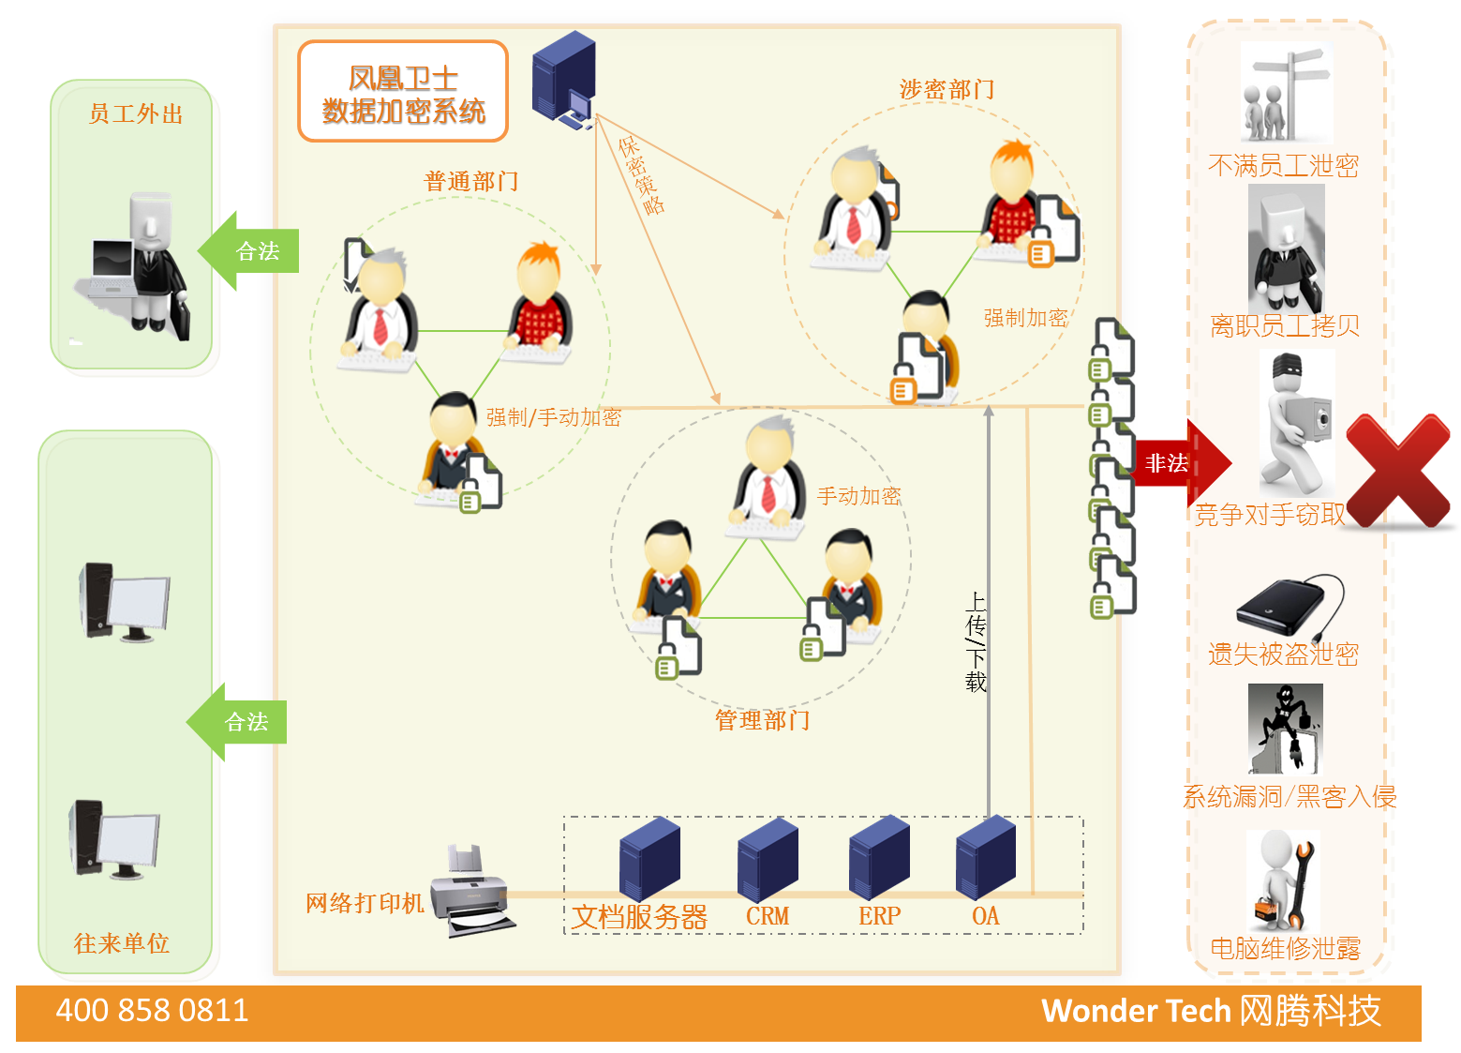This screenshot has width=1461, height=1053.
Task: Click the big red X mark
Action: coord(1397,470)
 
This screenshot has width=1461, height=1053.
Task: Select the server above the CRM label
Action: coord(768,859)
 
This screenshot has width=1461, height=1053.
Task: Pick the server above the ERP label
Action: coord(879,857)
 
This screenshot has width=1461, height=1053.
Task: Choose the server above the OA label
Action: coord(985,857)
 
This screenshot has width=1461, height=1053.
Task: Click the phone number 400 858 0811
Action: coord(152,1011)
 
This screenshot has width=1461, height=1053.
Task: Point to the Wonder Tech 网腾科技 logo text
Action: coord(1211,1011)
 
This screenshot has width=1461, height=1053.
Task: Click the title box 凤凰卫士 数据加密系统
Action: coord(403,93)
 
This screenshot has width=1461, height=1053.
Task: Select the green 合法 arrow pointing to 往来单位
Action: coord(239,722)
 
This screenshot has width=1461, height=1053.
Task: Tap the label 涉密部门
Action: coord(947,90)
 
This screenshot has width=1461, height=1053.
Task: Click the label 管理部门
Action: coord(762,720)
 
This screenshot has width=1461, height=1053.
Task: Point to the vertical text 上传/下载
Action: coord(976,642)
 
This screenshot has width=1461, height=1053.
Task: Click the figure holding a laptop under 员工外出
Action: coord(136,267)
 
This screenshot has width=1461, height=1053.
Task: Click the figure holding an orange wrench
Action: coord(1283,880)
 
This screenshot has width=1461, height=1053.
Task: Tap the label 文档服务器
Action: coord(639,917)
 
